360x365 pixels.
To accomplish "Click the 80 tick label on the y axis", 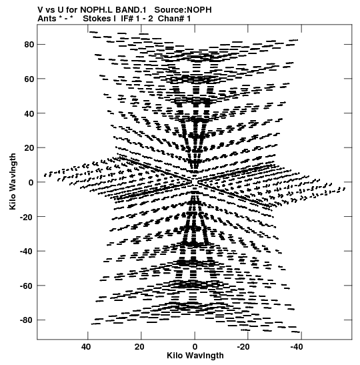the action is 29,45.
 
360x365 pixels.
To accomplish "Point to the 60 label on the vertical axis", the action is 29,79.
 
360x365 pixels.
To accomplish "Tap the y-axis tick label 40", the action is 29,113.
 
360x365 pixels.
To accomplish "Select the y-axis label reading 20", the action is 29,148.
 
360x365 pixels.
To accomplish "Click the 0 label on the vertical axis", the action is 31,183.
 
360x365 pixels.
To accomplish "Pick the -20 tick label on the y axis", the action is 27,217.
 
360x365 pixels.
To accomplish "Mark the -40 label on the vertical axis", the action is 27,252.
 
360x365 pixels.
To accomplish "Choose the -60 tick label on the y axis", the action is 27,286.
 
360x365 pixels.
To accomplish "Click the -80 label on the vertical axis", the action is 27,320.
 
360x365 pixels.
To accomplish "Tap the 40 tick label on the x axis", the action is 86,347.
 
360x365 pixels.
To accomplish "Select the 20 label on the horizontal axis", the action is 139,347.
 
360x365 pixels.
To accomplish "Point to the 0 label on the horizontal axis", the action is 195,347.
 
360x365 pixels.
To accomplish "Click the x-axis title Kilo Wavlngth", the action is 195,356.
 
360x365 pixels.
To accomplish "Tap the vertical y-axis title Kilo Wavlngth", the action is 13,181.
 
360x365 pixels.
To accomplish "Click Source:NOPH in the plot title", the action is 183,10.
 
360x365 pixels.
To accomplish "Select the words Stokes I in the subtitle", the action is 99,19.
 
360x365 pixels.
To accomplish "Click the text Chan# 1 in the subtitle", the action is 174,19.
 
